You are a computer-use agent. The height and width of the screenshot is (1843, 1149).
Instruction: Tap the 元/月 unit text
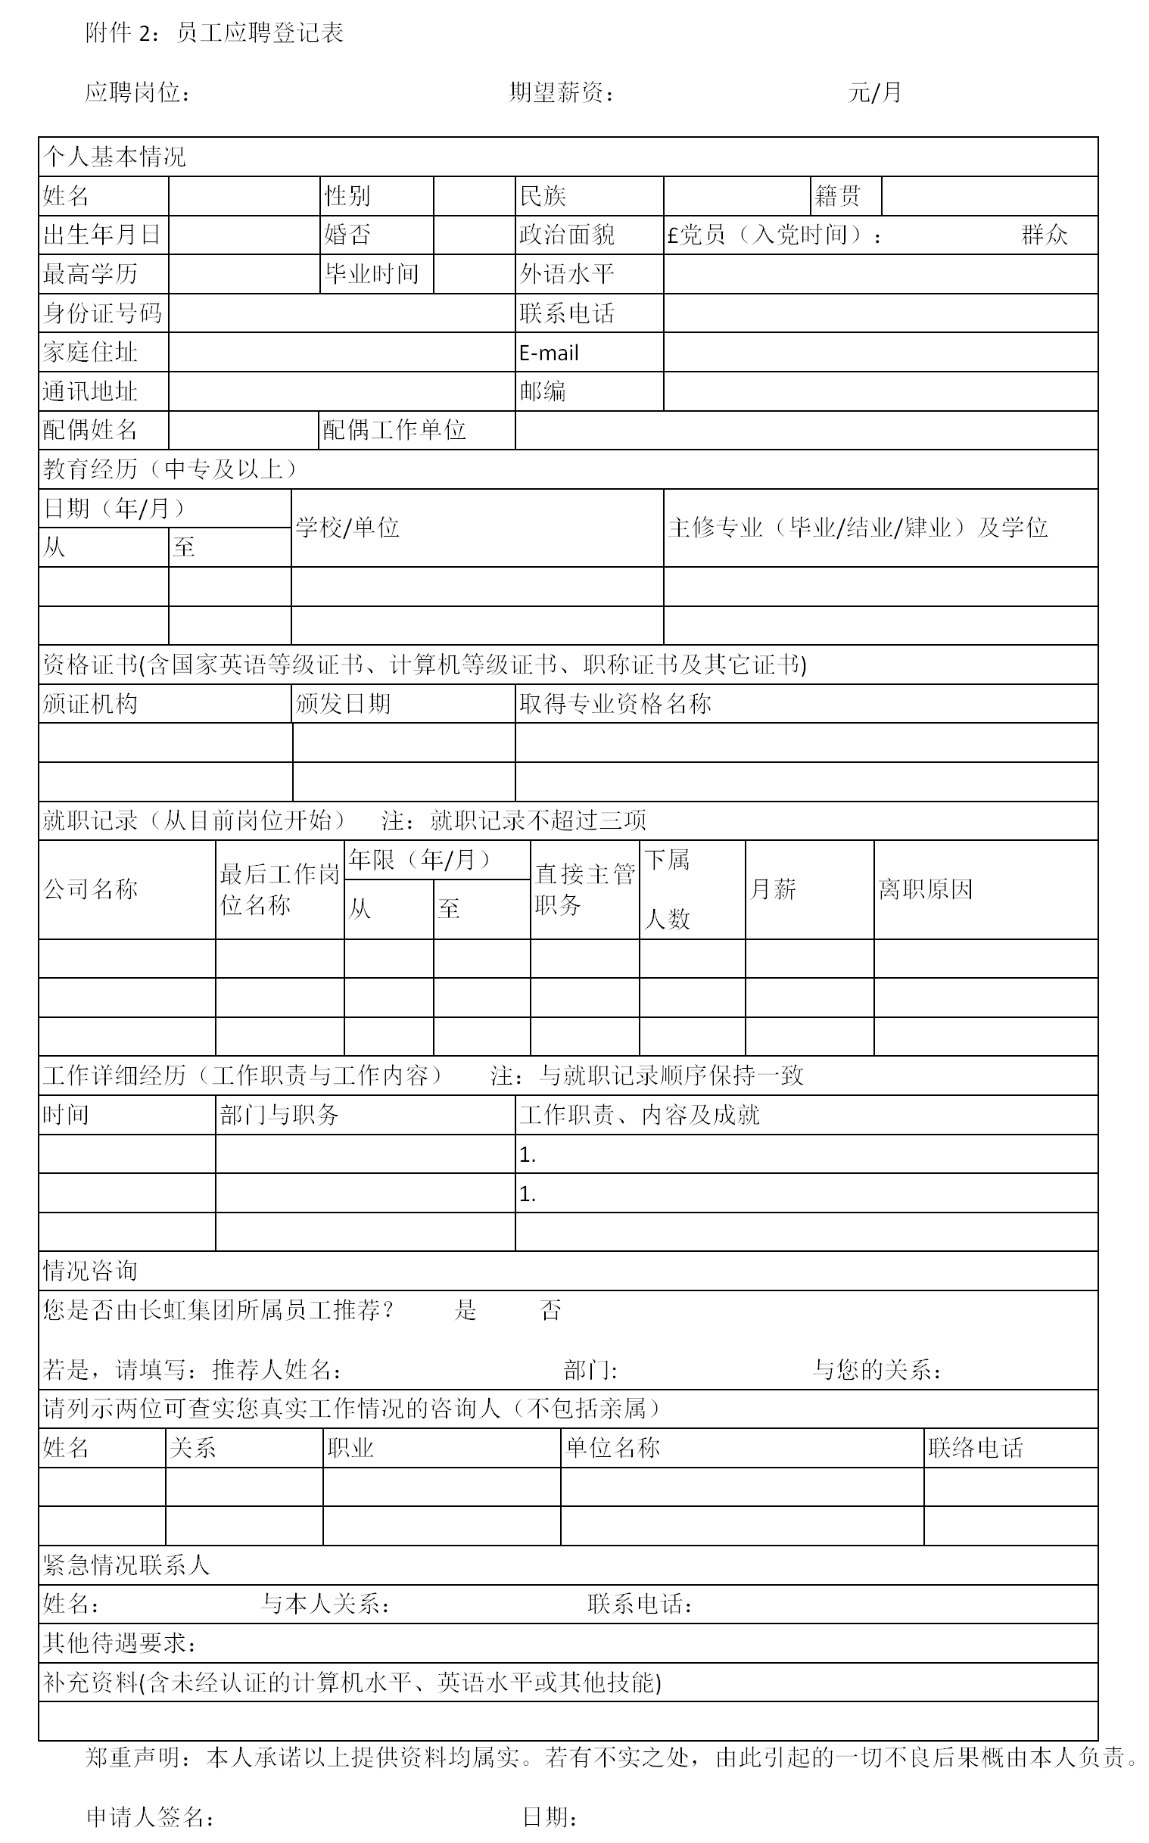point(874,92)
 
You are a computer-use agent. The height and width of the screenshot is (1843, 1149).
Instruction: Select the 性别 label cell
point(347,196)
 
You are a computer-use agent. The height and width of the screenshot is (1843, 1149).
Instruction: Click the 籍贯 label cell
point(837,196)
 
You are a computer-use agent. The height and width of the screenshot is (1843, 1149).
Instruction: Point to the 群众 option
point(1044,235)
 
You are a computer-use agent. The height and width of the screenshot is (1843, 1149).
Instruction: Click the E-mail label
point(549,353)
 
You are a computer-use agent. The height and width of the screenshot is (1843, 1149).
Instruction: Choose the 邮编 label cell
point(543,391)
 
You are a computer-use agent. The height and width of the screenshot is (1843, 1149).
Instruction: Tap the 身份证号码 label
point(102,313)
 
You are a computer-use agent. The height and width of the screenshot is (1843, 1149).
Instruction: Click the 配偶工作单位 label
point(394,430)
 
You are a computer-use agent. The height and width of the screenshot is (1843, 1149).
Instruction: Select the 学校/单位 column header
point(347,528)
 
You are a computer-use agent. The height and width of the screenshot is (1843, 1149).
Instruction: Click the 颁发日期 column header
point(343,703)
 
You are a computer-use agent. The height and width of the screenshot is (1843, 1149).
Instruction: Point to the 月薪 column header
point(773,889)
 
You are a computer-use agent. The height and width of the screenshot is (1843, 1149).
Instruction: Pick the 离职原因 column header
point(926,889)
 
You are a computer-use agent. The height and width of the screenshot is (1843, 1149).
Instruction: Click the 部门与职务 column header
point(279,1114)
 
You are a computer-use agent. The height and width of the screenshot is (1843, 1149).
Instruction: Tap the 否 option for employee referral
point(550,1309)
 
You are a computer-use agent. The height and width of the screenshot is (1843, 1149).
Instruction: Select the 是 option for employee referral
point(465,1309)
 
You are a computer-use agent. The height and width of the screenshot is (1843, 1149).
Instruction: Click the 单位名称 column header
point(612,1447)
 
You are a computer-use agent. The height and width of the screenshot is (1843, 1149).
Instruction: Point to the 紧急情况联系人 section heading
point(126,1564)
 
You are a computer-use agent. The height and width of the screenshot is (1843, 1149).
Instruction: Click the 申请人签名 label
point(149,1817)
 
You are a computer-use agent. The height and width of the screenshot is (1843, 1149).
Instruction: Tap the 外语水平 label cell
point(567,273)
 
